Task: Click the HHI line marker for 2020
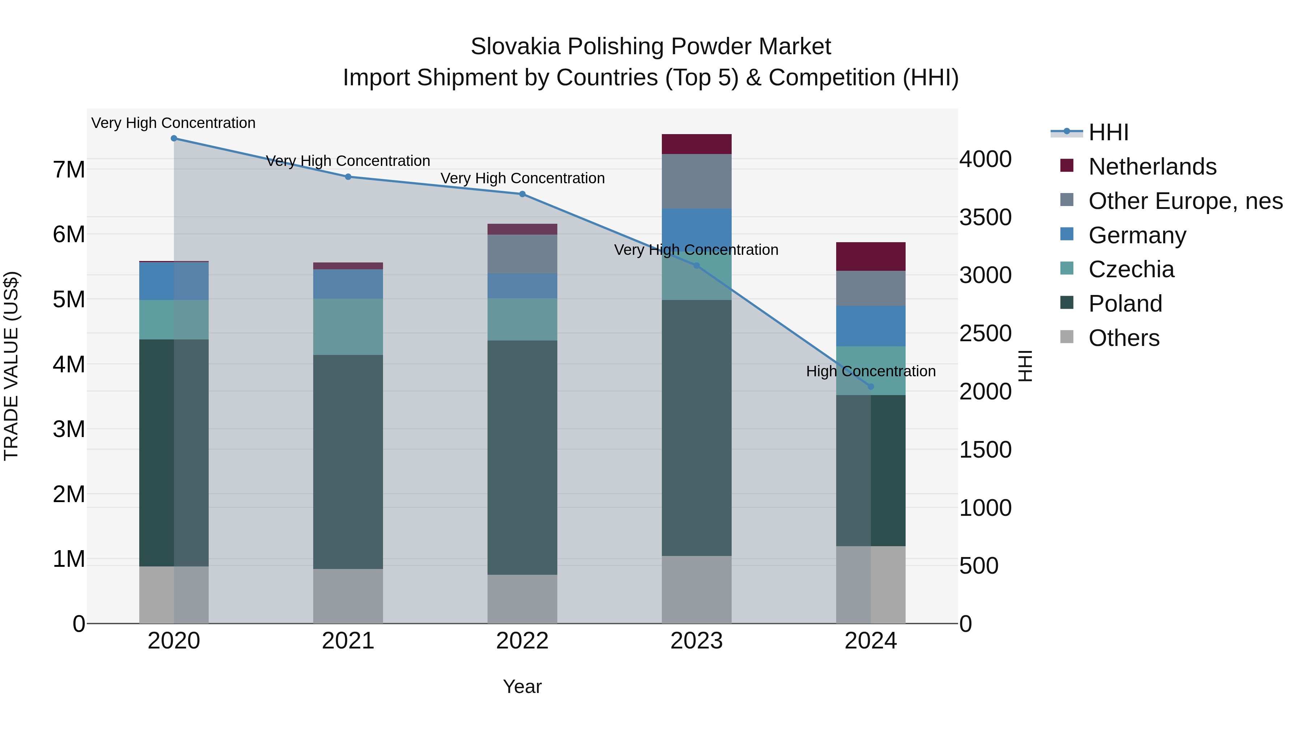pos(174,138)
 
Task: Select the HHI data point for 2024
pos(871,387)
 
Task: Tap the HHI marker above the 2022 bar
pos(522,194)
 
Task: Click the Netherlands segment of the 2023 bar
pos(697,144)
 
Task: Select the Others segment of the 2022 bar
pos(522,599)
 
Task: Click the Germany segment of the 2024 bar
pos(871,326)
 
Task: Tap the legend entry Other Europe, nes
pos(1185,201)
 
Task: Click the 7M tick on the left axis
pos(69,170)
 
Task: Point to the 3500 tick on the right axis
pos(985,218)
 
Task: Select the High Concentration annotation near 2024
pos(871,371)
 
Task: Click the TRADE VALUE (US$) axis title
pos(12,366)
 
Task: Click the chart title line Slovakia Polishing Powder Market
pos(651,47)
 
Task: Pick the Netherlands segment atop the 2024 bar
pos(871,257)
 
